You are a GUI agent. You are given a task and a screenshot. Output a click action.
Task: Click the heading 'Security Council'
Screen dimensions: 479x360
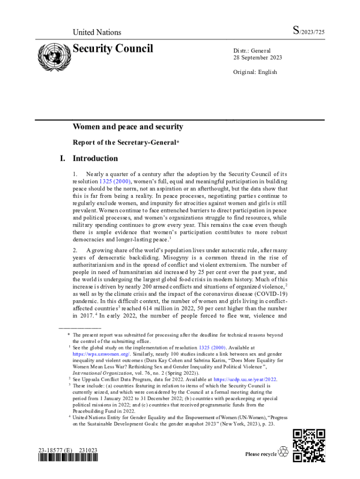(113, 49)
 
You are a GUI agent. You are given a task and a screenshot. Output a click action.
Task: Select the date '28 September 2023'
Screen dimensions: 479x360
(258, 58)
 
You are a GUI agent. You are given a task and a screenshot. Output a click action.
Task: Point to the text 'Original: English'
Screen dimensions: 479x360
(255, 72)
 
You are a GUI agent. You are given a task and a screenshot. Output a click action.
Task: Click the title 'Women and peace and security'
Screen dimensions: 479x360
(128, 127)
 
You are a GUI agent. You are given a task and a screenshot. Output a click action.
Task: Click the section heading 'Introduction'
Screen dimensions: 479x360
(95, 158)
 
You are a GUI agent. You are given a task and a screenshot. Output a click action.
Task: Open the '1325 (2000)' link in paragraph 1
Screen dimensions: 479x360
(115, 181)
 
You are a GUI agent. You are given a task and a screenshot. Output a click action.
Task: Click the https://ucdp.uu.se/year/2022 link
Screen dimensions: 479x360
(245, 379)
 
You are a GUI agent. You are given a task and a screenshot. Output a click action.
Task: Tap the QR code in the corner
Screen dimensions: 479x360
(309, 445)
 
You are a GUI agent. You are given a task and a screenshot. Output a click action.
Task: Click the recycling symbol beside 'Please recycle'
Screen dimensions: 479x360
(283, 452)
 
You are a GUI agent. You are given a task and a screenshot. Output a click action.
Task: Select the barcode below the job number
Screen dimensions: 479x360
(68, 459)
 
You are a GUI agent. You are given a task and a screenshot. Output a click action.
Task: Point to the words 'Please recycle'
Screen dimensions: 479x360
(261, 454)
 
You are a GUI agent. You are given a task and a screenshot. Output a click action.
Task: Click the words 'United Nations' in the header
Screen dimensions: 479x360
(97, 32)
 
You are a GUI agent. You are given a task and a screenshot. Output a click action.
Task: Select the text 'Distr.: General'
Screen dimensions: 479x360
(252, 51)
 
